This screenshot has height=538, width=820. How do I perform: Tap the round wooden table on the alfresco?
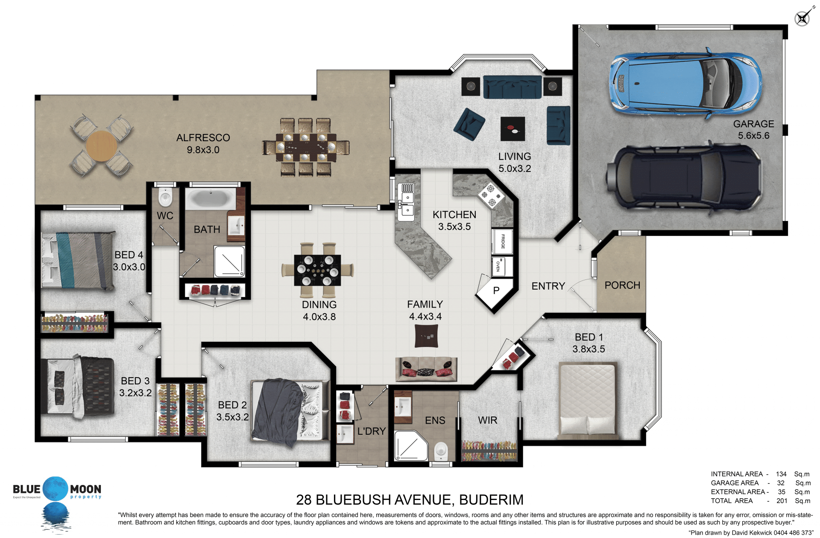102,146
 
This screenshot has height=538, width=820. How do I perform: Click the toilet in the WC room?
165,198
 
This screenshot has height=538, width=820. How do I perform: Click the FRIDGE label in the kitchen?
503,241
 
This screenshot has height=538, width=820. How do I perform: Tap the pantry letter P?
496,291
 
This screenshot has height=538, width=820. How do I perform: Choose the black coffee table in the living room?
512,128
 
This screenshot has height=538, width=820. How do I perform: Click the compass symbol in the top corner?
802,18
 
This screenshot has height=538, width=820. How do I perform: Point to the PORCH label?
622,285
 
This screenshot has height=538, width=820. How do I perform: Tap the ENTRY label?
548,286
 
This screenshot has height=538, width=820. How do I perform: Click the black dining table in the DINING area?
317,270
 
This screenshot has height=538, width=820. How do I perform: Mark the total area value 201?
782,501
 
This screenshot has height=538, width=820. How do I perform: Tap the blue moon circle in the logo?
56,489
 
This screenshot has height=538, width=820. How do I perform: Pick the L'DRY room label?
372,431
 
